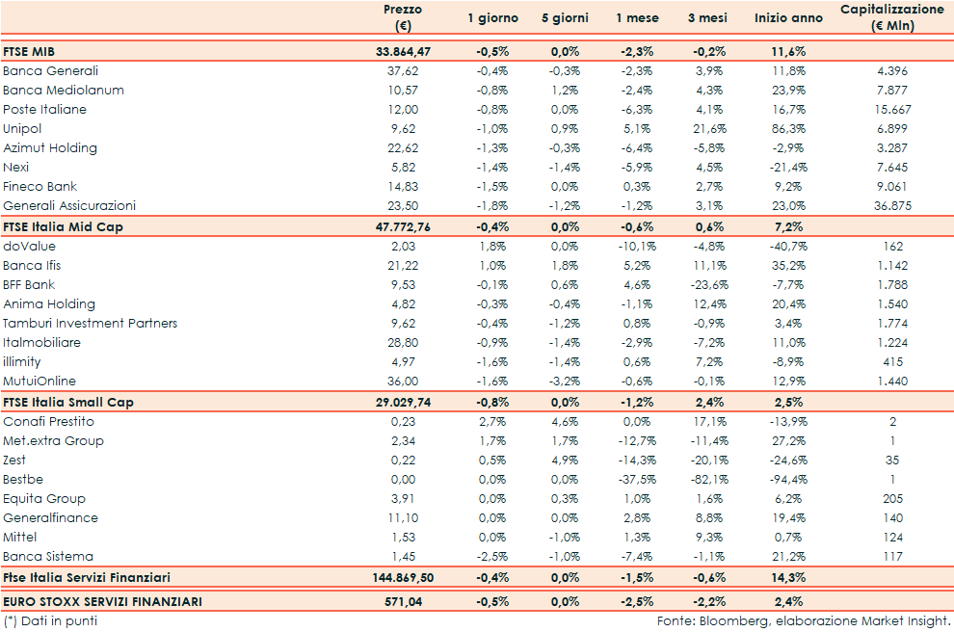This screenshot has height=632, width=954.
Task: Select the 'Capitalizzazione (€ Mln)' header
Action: (891, 17)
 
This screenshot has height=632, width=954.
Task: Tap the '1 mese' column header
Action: (637, 18)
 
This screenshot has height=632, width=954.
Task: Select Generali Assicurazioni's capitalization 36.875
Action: (891, 206)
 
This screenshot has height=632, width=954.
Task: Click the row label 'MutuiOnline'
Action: (40, 382)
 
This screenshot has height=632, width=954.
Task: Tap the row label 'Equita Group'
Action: (44, 499)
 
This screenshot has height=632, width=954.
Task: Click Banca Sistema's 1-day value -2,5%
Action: (492, 557)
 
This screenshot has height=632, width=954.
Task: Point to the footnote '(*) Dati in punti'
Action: (50, 621)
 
